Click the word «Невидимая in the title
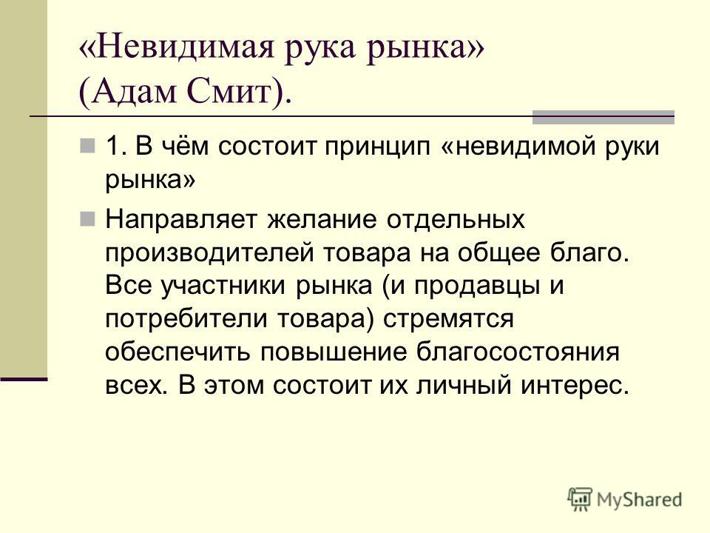click(177, 47)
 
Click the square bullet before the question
click(87, 147)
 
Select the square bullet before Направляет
click(87, 219)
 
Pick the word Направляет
click(182, 220)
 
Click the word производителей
click(209, 253)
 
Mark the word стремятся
click(448, 320)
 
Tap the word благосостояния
click(518, 352)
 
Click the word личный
click(463, 386)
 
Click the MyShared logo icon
click(580, 500)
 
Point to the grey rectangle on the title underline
click(603, 118)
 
